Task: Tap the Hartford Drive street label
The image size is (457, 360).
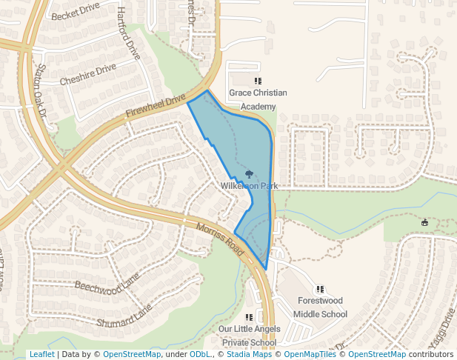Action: (128, 33)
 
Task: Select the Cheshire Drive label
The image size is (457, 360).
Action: (88, 74)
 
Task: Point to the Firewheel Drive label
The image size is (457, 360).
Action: (156, 106)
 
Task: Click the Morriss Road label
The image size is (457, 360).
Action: (221, 238)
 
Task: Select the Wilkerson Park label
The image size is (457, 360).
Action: (249, 186)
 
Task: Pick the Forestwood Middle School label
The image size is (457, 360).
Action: (320, 307)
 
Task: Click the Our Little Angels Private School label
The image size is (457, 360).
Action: (249, 336)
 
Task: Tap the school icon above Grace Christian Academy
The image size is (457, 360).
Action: (258, 81)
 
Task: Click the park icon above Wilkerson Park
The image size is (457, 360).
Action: (249, 174)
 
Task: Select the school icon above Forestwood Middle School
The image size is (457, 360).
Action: (320, 289)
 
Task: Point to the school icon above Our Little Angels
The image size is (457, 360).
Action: (249, 317)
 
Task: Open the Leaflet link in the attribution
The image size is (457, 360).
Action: (41, 354)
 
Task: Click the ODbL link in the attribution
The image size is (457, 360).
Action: (200, 354)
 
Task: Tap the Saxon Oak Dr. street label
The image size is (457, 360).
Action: (37, 90)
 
